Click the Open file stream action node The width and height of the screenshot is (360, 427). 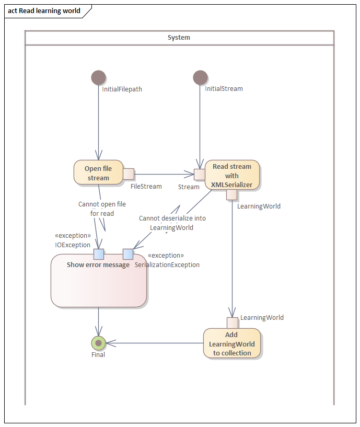[x=98, y=172]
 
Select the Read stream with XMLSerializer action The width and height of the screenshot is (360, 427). [x=231, y=175]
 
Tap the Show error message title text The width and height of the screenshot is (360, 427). [x=98, y=265]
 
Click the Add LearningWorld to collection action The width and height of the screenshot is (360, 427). [x=231, y=343]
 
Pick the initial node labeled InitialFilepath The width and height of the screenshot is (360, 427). [x=98, y=78]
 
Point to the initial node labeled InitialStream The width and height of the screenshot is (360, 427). [x=200, y=78]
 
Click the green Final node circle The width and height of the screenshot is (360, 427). [x=98, y=343]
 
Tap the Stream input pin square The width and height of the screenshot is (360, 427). [x=199, y=174]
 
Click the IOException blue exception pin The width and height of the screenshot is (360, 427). [x=99, y=254]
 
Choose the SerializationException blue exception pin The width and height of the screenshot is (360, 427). [x=128, y=254]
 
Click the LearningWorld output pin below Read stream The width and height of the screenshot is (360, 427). [x=232, y=195]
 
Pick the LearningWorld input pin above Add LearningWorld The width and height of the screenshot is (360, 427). [x=232, y=322]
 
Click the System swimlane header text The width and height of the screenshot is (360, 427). [x=179, y=38]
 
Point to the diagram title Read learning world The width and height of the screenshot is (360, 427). [x=44, y=10]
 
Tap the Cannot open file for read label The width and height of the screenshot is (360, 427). [x=102, y=209]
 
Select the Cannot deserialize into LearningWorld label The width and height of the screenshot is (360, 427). [x=172, y=223]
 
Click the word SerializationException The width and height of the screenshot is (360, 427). [x=167, y=265]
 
